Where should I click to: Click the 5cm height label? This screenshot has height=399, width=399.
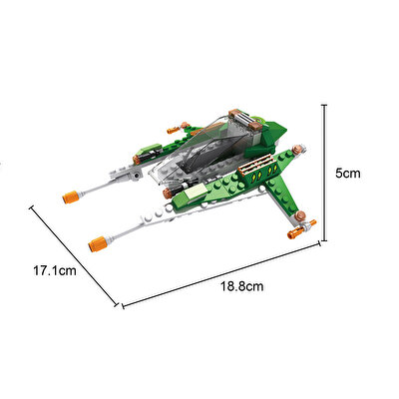click(x=347, y=174)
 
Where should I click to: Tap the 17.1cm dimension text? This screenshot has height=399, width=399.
click(x=55, y=270)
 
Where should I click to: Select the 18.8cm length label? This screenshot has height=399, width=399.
click(x=242, y=286)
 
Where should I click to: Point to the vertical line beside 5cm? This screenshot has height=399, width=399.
click(x=325, y=173)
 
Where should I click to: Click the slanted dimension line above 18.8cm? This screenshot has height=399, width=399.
click(x=221, y=275)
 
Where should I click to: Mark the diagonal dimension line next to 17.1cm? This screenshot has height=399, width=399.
click(x=74, y=255)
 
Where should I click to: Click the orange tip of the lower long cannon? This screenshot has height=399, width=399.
click(x=97, y=244)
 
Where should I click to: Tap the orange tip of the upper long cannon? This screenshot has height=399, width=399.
click(x=71, y=198)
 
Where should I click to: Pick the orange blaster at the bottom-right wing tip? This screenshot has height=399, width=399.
click(x=296, y=231)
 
